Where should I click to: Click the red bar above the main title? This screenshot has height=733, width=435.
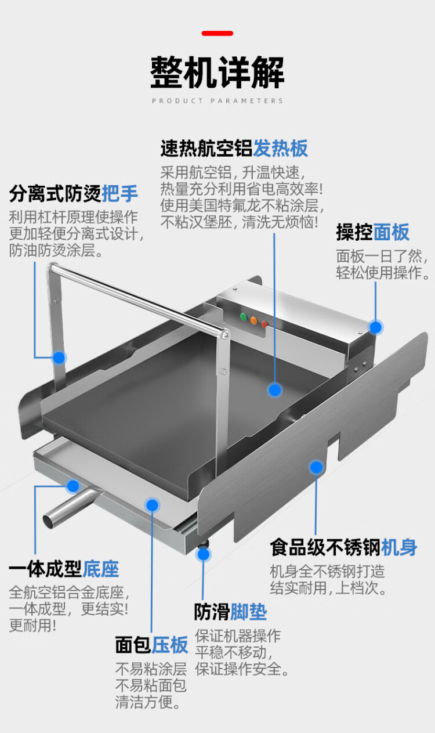[x=217, y=33]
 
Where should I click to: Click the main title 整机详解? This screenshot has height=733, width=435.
[x=217, y=72]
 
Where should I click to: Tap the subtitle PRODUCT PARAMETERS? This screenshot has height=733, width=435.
[x=217, y=101]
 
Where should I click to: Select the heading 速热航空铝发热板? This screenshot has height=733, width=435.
[x=234, y=148]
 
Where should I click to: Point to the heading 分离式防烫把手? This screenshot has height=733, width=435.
[x=74, y=193]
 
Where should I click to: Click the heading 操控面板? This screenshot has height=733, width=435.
[x=373, y=232]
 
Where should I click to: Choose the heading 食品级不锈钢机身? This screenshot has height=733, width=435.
[x=343, y=547]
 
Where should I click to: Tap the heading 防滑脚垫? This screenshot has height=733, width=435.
[x=231, y=612]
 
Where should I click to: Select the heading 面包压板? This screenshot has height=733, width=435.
[x=152, y=645]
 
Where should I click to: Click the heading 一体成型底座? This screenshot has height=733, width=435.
[x=64, y=569]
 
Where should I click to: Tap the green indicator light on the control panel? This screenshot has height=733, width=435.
[x=244, y=316]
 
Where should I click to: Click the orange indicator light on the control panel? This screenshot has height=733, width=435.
[x=254, y=320]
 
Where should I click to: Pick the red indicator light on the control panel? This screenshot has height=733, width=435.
[x=264, y=324]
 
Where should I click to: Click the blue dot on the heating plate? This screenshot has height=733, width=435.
[x=275, y=390]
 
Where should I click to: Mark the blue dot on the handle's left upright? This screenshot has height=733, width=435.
[x=59, y=358]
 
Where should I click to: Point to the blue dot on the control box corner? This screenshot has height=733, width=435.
[x=375, y=327]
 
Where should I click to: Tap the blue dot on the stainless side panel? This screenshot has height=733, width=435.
[x=316, y=467]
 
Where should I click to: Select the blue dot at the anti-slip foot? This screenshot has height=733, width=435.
[x=203, y=554]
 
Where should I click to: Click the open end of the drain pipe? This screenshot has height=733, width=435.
[x=49, y=521]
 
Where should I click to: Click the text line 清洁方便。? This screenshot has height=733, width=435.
[x=148, y=702]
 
